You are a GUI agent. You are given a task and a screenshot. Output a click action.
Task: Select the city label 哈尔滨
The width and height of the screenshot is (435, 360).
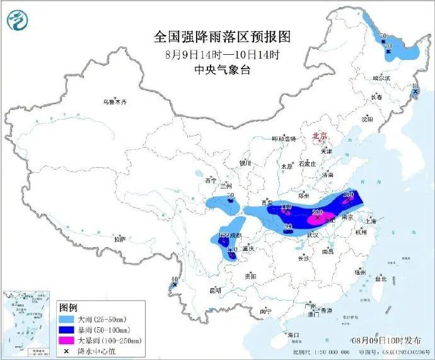[x=382, y=78]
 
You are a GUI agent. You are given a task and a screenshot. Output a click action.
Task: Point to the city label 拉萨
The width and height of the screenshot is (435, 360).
[x=119, y=240]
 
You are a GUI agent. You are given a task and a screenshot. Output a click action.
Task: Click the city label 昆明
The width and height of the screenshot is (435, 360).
[x=216, y=291]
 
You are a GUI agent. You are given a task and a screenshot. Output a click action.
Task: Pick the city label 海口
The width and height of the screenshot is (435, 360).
[x=292, y=334]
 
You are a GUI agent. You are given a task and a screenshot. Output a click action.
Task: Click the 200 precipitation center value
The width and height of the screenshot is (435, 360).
[x=318, y=212]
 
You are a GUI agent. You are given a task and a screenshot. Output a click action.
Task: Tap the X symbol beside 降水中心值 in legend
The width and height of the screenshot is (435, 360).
[x=66, y=351]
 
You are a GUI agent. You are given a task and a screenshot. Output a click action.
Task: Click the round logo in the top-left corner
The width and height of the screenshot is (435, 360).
[x=18, y=21]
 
